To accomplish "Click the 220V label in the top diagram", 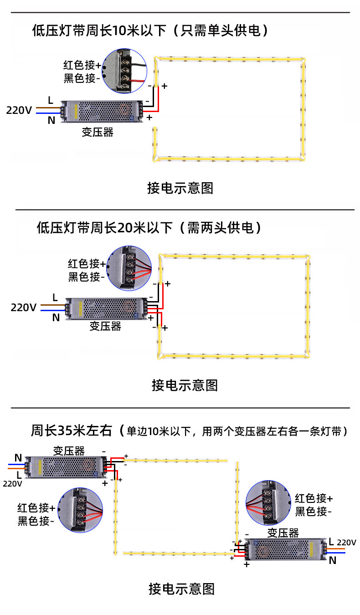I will (x=19, y=110).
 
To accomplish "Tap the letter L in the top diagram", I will (x=51, y=100).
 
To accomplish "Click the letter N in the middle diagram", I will (x=56, y=318).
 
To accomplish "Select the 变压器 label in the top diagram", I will (x=97, y=132).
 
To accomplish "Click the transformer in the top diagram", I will (x=103, y=111).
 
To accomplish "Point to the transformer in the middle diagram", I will (x=107, y=308).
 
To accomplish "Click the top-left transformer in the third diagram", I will (x=67, y=467).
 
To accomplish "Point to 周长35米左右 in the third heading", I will (x=72, y=430).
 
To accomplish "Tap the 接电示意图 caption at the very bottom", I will (x=181, y=589).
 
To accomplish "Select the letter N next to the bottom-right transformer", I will (x=333, y=560).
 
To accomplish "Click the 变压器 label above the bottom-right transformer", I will (x=283, y=533).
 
